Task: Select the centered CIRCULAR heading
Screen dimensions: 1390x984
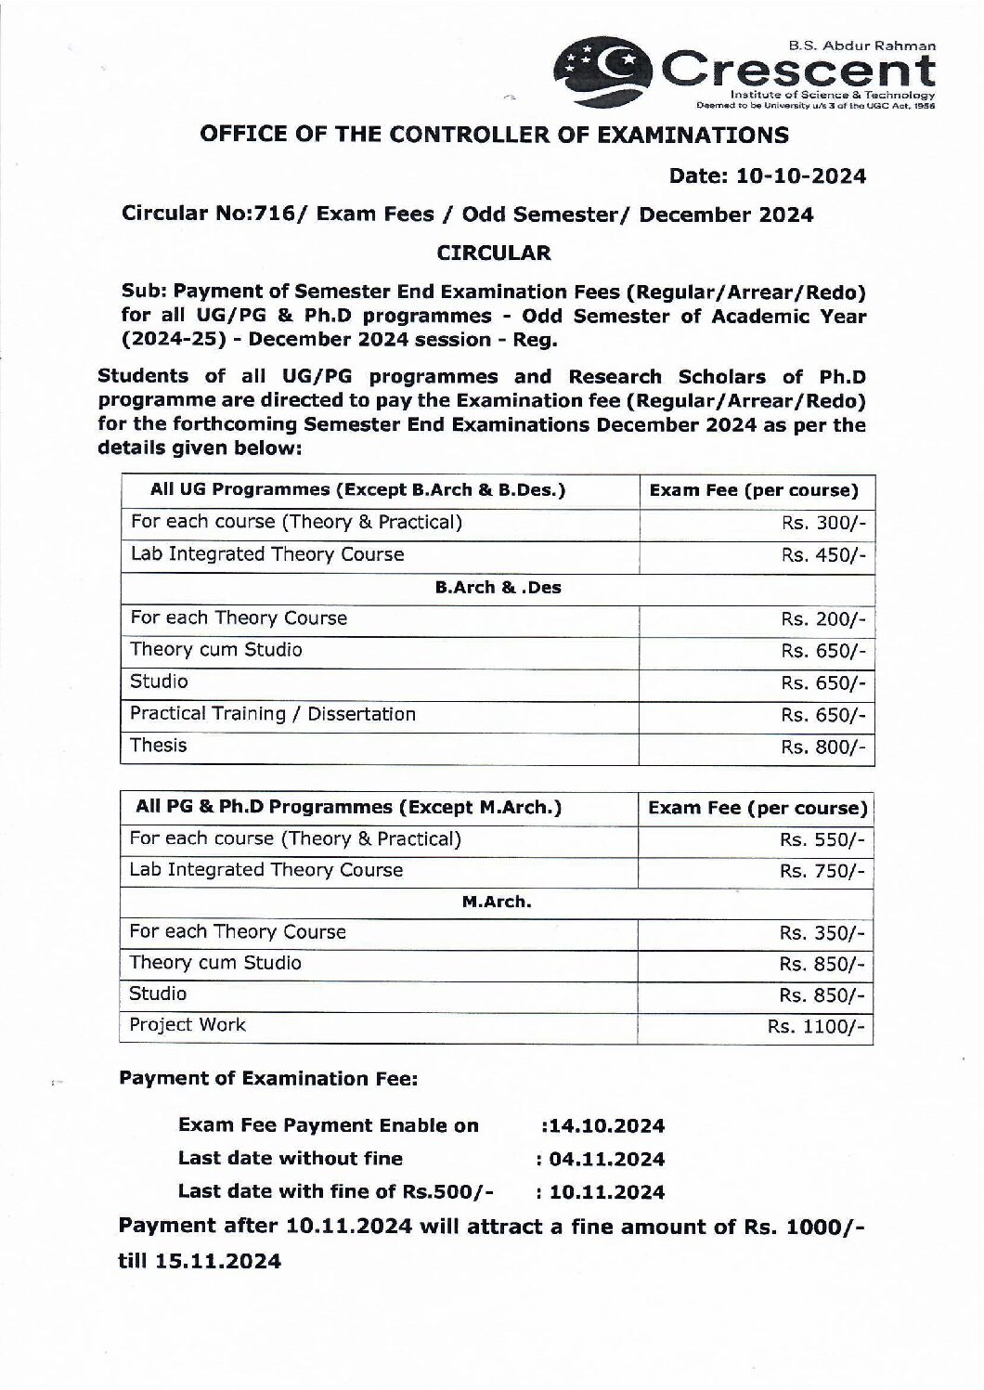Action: coord(494,252)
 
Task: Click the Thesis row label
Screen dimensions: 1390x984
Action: coord(159,746)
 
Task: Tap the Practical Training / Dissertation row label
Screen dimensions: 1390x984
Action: coord(273,714)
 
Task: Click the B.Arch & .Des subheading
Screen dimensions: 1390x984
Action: coord(498,587)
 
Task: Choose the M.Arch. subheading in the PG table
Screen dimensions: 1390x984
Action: coord(497,901)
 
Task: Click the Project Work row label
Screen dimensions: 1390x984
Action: coord(188,1025)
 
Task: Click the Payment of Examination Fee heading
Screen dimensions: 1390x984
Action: coord(269,1078)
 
